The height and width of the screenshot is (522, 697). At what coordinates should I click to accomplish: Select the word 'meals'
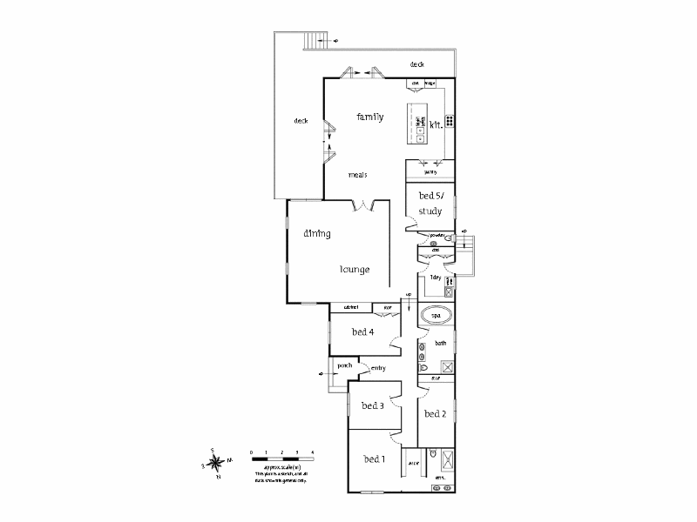[x=357, y=174]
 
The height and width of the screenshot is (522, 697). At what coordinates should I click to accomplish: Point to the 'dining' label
[x=315, y=233]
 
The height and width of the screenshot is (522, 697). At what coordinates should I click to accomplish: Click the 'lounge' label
[x=355, y=270]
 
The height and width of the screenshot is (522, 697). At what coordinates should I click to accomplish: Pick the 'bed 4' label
[x=362, y=331]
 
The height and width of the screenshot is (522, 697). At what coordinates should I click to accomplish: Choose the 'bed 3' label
[x=373, y=405]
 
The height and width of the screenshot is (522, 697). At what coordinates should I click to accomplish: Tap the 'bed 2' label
[x=435, y=414]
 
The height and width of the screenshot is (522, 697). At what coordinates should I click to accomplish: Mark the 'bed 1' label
[x=374, y=458]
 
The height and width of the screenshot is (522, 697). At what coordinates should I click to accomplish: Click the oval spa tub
[x=436, y=315]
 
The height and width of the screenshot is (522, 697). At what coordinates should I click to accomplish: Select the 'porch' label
[x=339, y=366]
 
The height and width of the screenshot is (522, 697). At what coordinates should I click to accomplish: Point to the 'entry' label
[x=378, y=369]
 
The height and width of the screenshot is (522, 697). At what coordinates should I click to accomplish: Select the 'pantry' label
[x=429, y=173]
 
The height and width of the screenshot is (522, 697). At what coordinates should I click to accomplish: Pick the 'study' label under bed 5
[x=430, y=211]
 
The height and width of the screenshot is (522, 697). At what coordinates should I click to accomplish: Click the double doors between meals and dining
[x=364, y=205]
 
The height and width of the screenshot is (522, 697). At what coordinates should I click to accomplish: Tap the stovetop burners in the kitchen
[x=450, y=122]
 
